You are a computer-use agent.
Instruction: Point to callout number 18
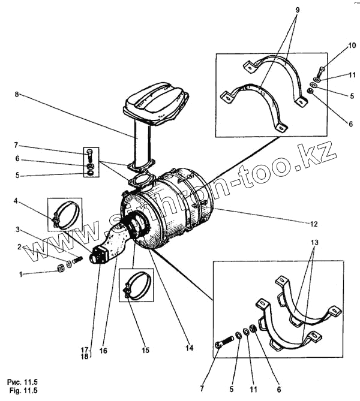(x=85, y=356)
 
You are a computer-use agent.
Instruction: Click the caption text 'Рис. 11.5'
(x=22, y=381)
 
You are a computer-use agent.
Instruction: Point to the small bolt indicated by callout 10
(x=320, y=72)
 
